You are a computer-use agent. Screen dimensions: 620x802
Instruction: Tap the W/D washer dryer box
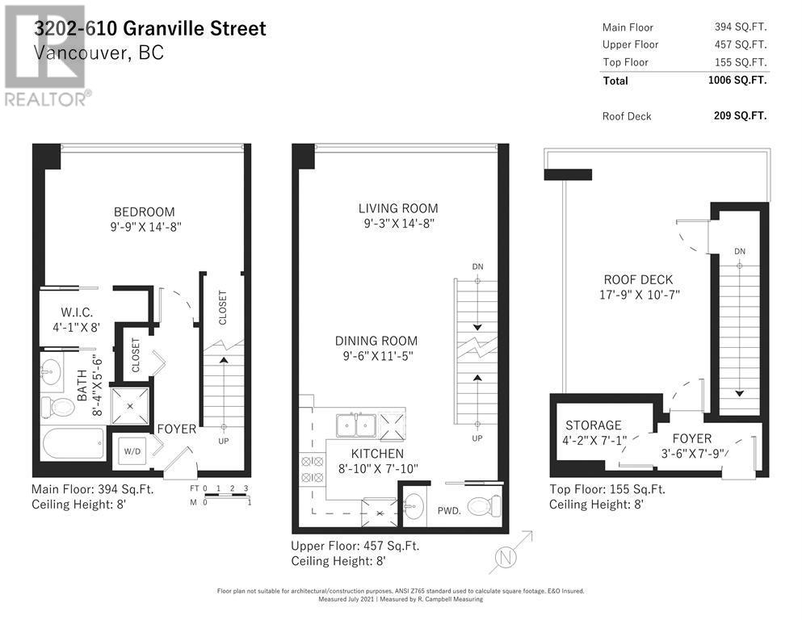[x=131, y=452]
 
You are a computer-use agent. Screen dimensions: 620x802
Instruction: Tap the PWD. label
[x=449, y=510]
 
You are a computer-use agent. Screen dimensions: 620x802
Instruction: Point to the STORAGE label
[x=593, y=425]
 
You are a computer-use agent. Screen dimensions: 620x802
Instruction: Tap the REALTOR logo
[x=48, y=57]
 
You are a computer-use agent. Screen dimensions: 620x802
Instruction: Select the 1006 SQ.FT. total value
[x=737, y=80]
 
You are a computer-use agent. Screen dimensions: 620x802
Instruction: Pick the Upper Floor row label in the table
[x=630, y=44]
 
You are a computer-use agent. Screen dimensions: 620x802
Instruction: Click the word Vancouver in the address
[x=77, y=52]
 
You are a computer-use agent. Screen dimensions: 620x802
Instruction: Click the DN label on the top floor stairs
[x=740, y=250]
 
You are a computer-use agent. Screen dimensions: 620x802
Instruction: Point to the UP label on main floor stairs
[x=224, y=441]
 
